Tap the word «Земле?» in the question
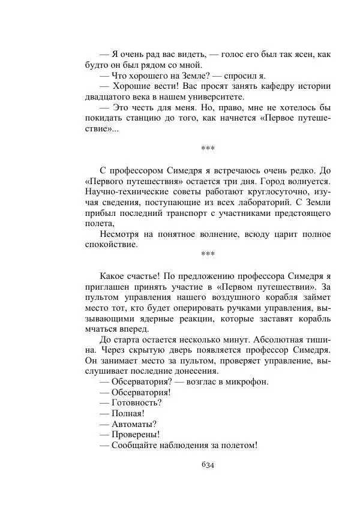pyautogui.click(x=193, y=76)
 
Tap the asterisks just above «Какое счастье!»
pyautogui.click(x=208, y=254)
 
